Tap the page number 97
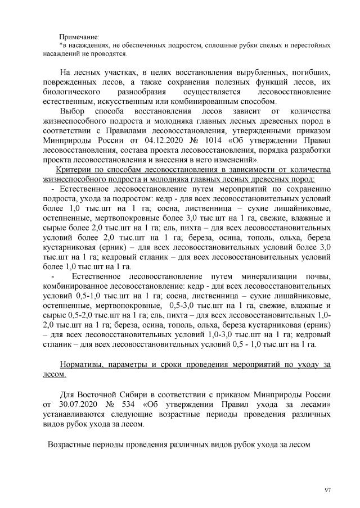(x=328, y=491)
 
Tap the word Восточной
(x=105, y=394)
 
